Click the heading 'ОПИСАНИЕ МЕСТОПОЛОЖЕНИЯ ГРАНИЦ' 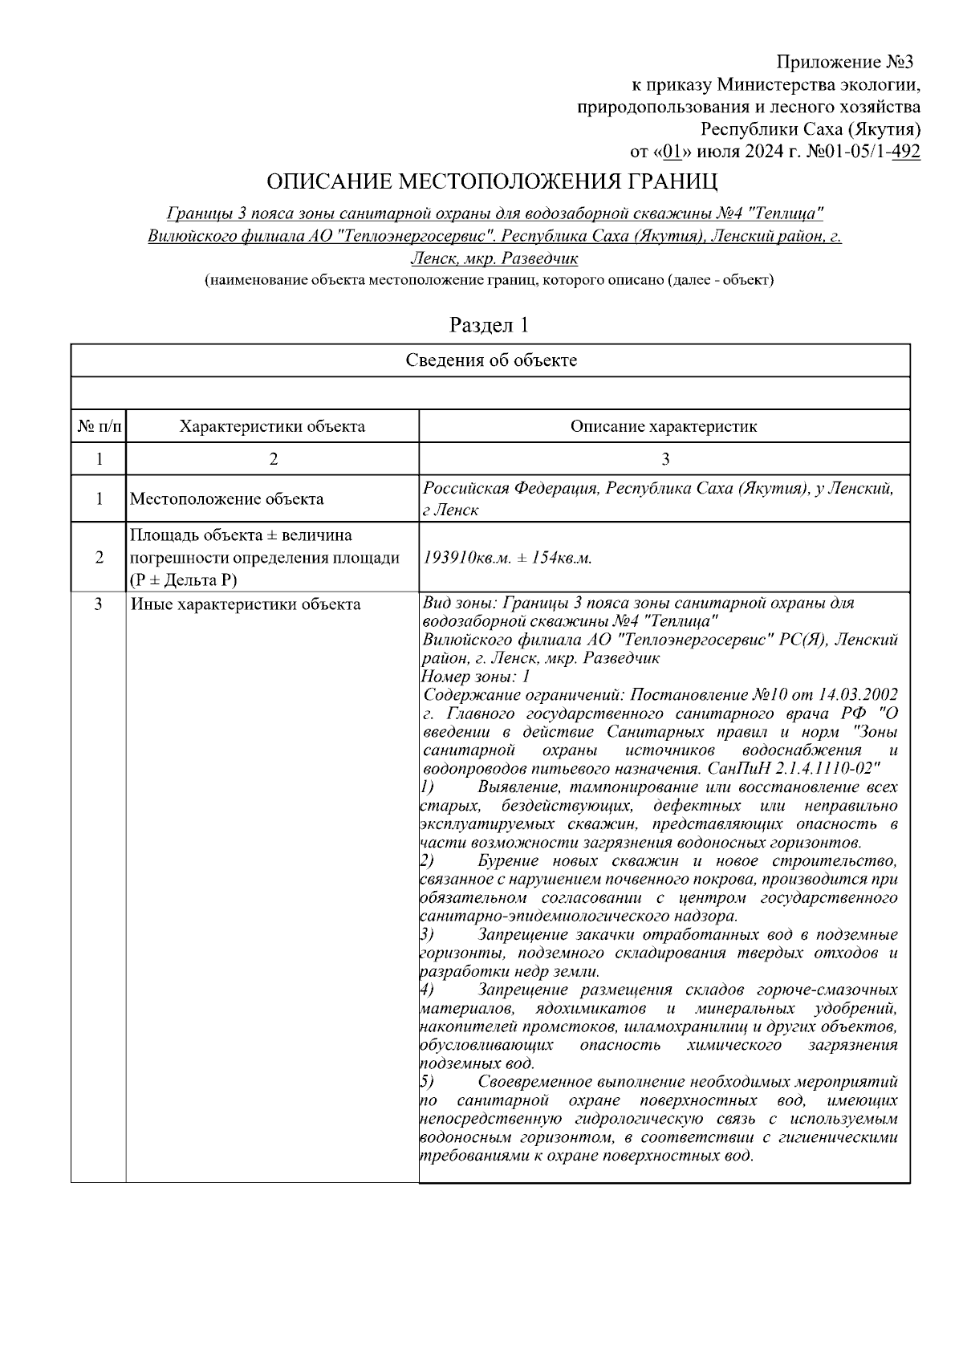point(492,181)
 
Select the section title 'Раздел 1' point(490,325)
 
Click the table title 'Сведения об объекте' point(490,360)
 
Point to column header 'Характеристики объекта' point(272,426)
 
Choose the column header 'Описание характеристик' point(664,426)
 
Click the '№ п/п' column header point(99,426)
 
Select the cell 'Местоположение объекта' point(227,499)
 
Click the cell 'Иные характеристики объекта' point(246,604)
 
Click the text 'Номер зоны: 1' point(475,677)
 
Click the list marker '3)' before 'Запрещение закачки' point(428,935)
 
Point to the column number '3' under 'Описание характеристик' point(664,459)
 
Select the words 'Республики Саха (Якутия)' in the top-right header point(811,128)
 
